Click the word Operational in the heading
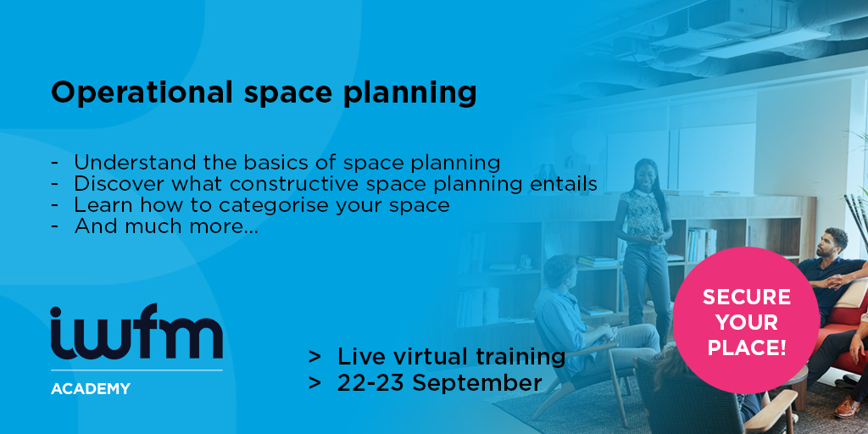tap(142, 93)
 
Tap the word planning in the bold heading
tap(409, 93)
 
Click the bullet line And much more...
tap(166, 226)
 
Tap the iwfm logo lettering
tap(136, 331)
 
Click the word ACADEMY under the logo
tap(91, 388)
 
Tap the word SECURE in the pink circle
tap(747, 297)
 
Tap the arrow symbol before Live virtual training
tap(315, 357)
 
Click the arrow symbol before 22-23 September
tap(315, 383)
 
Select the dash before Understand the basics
tap(54, 164)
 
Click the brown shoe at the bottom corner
tap(847, 408)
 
